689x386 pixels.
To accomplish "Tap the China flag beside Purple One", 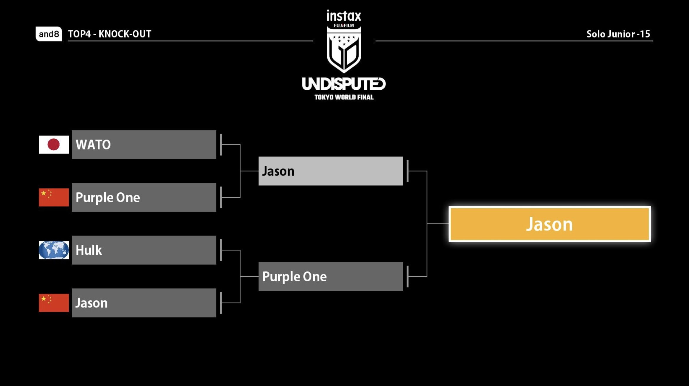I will click(54, 197).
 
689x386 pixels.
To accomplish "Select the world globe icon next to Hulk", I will click(54, 250).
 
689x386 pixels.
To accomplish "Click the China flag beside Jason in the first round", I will click(54, 303).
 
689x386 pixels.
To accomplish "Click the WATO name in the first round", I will click(93, 145).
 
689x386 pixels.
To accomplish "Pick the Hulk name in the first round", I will click(89, 250).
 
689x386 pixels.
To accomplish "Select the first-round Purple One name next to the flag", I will click(108, 197).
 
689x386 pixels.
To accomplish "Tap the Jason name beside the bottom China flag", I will click(92, 303).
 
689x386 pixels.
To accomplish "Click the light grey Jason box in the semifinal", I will click(331, 171).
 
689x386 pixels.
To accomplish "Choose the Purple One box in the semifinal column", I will click(331, 277).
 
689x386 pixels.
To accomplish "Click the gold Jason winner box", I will click(550, 224).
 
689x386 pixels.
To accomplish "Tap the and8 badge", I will click(49, 34).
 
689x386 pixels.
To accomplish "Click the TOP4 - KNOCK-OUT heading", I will click(110, 34).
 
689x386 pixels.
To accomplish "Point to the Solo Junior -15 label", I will click(618, 34).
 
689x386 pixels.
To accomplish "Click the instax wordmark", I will click(344, 16).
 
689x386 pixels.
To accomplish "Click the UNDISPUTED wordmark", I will click(344, 84).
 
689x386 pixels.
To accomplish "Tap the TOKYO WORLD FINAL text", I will click(344, 97).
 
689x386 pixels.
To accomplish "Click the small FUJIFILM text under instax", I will click(344, 25).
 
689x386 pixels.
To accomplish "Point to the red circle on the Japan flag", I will click(54, 145).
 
